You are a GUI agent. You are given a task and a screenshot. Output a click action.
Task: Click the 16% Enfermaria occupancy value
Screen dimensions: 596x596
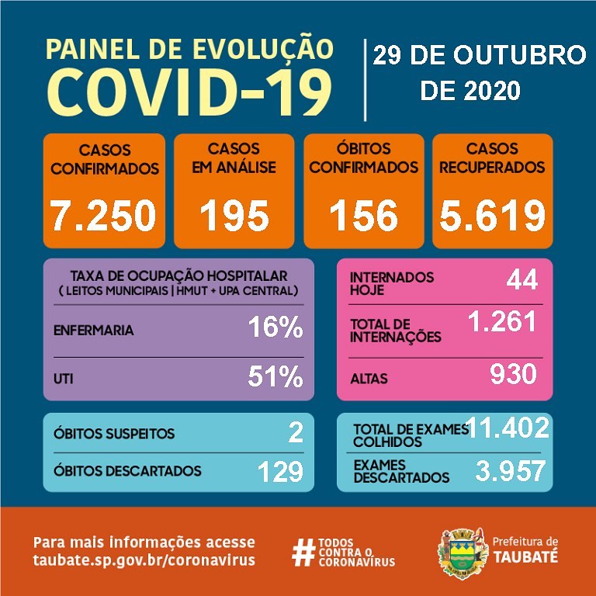275,328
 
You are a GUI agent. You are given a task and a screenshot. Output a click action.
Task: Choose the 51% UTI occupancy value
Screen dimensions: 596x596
275,377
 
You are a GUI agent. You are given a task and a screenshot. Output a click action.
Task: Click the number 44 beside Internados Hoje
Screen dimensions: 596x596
521,279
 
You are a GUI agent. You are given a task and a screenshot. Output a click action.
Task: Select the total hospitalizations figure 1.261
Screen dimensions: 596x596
502,321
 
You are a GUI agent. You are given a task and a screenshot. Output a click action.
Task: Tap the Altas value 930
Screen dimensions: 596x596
513,375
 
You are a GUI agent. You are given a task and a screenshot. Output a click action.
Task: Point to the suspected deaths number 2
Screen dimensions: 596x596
295,433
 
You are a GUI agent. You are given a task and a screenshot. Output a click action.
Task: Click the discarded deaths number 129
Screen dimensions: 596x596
279,471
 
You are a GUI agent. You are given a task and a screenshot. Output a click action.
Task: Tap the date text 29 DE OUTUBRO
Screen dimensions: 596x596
479,56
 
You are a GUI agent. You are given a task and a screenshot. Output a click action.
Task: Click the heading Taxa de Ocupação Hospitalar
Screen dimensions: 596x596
178,275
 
